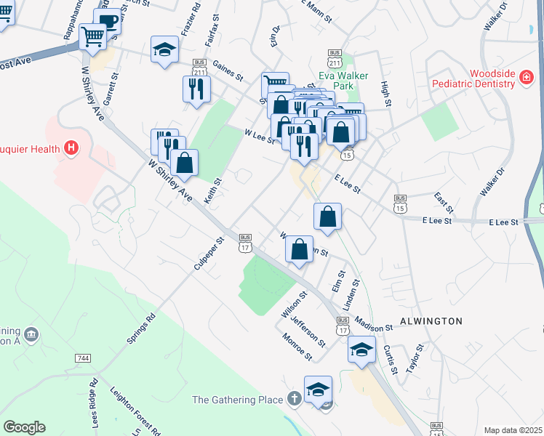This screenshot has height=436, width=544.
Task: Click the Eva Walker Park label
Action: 344,81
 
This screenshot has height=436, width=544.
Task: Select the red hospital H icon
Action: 71,148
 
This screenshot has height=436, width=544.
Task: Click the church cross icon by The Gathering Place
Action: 294,399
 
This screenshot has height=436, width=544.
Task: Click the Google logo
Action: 24,427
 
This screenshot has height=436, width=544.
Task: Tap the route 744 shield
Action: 82,359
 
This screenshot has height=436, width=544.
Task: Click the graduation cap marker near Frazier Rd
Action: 165,50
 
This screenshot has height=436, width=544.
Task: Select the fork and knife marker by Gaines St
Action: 196,89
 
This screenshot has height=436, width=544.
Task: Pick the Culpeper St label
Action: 208,252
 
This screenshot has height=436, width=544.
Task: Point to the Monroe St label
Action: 298,347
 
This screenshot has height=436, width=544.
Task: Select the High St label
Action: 386,94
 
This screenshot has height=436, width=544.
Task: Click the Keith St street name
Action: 216,172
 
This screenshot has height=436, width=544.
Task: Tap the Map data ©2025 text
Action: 513,430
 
